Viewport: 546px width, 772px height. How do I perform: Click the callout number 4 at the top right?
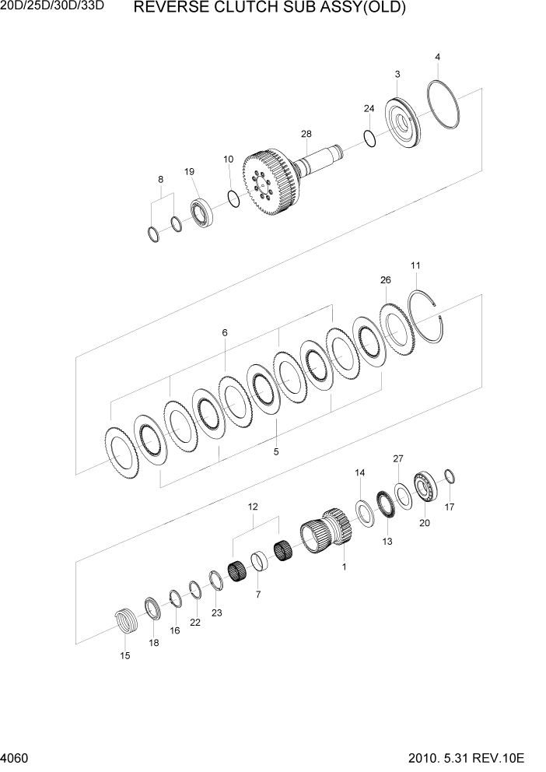pos(438,57)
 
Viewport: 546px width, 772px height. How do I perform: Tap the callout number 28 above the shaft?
pos(306,135)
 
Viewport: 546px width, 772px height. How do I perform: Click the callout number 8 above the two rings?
pos(161,179)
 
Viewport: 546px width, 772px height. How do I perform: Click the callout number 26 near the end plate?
pos(385,279)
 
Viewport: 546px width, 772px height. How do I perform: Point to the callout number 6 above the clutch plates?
pos(224,332)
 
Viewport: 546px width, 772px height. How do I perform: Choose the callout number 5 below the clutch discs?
pos(275,451)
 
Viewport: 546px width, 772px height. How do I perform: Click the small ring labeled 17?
pos(449,477)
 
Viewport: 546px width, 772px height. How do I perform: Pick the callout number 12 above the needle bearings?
pos(253,507)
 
